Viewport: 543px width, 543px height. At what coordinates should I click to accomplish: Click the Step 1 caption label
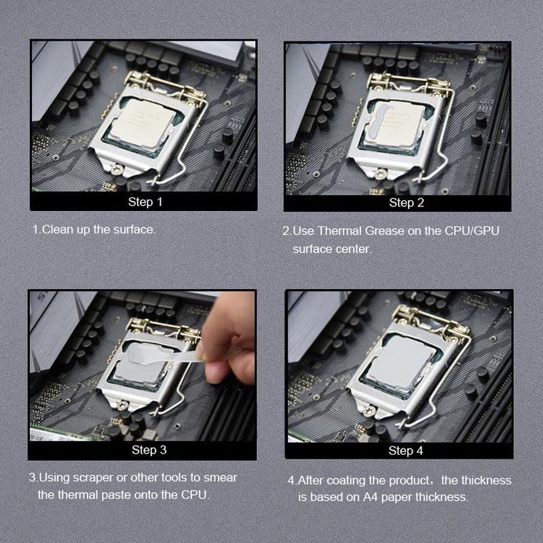(x=145, y=202)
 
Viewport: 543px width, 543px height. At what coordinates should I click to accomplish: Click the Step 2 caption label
(x=407, y=202)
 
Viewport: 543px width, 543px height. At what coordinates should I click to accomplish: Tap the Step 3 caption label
(x=149, y=450)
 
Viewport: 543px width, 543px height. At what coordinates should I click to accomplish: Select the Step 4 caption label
(x=406, y=451)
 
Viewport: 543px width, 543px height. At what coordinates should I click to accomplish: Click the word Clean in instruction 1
(x=56, y=229)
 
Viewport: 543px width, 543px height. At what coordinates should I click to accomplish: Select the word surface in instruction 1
(x=134, y=229)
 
